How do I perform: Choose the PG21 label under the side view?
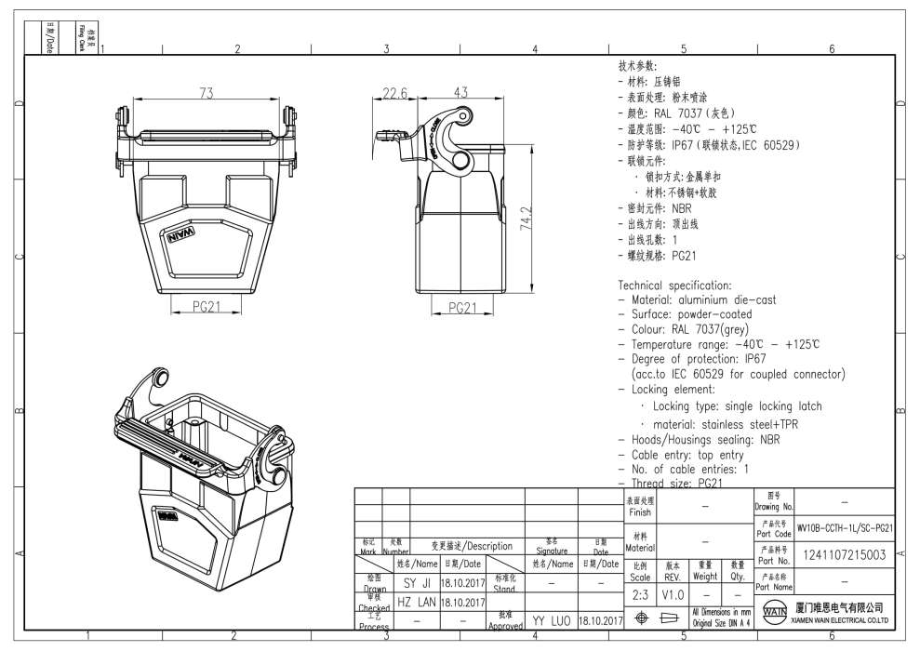coord(470,308)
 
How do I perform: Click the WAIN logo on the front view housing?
coord(180,237)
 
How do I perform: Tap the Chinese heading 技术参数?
coord(638,67)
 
